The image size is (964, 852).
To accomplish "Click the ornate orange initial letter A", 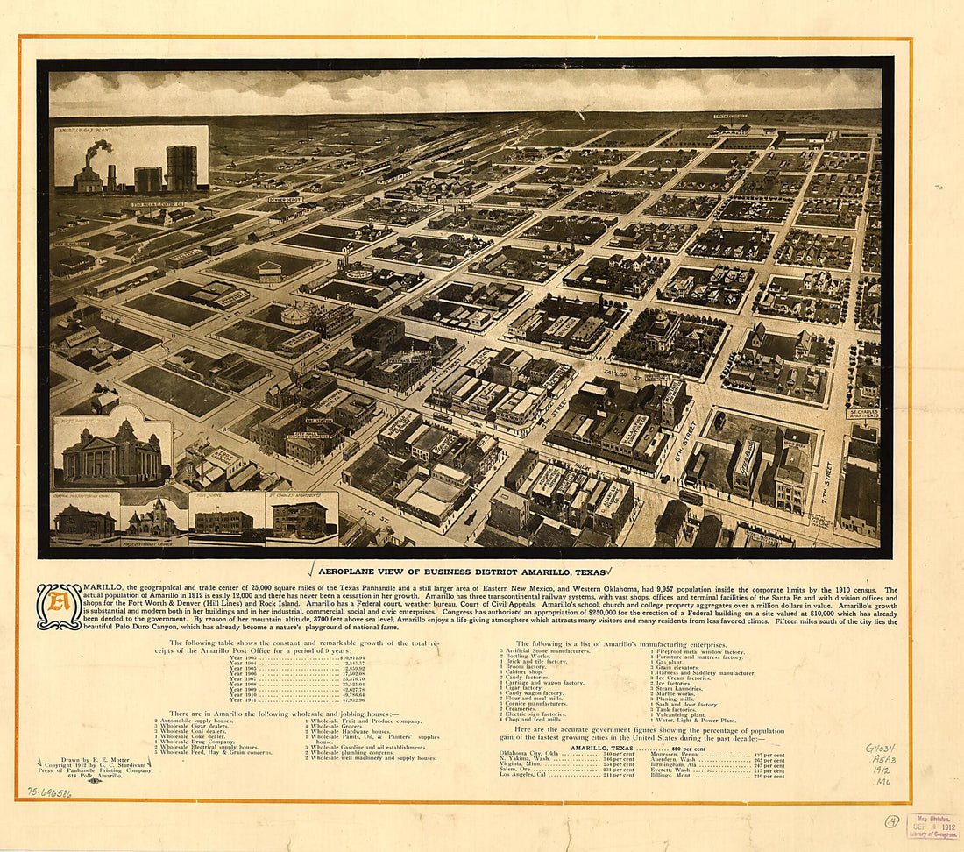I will (x=59, y=607).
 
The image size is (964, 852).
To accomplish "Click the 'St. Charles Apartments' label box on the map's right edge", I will (x=862, y=413).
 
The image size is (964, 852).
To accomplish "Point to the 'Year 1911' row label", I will (x=243, y=699).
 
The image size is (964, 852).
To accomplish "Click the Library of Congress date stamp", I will (x=932, y=826).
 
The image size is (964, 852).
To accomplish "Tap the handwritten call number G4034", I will (x=879, y=749).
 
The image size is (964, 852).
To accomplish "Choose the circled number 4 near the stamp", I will (x=891, y=820).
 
